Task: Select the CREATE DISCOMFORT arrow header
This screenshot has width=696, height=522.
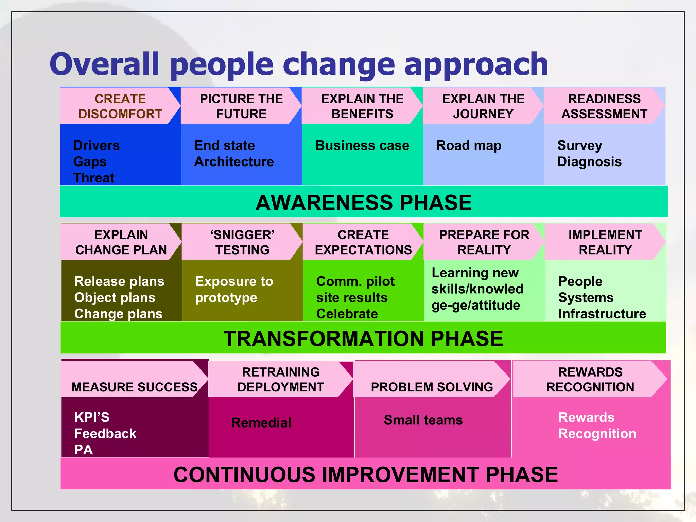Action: tap(120, 106)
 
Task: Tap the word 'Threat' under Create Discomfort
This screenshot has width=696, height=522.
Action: tap(94, 178)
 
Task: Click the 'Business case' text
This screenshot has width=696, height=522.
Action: tap(362, 145)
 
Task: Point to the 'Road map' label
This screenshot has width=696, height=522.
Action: tap(469, 145)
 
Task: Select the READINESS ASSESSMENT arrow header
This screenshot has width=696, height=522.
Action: tap(604, 106)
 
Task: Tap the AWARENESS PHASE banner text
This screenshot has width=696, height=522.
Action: tap(363, 203)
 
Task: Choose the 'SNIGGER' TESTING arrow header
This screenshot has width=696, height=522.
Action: tap(242, 242)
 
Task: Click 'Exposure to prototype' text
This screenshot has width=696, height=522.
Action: tap(234, 289)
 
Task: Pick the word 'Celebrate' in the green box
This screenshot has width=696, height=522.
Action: tap(347, 314)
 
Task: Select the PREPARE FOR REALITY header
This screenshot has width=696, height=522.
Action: tap(484, 242)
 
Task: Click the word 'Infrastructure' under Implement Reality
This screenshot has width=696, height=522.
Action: tap(602, 314)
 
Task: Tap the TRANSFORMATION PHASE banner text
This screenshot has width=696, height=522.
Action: tap(363, 338)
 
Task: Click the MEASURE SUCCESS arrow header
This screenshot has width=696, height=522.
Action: tap(134, 387)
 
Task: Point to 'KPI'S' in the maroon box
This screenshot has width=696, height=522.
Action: tap(92, 417)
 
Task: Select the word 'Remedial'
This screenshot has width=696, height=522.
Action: tap(261, 423)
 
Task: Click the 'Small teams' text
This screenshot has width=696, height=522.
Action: tap(423, 420)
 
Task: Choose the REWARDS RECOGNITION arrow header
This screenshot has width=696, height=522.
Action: tap(590, 379)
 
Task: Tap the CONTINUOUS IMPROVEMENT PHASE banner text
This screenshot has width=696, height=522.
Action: tap(365, 474)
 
